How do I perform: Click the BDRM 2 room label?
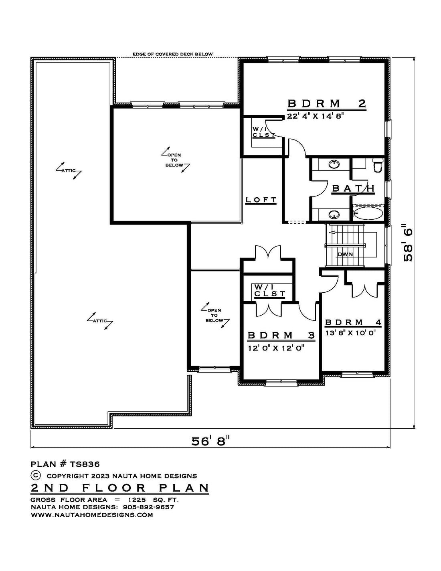327,103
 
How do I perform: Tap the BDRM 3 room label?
281,335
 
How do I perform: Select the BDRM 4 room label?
353,322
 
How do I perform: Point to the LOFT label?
261,200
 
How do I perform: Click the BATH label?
353,188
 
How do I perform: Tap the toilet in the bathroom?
378,165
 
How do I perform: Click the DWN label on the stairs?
345,254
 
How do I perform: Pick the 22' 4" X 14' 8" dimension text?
315,116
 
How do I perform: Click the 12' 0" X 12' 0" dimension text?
276,348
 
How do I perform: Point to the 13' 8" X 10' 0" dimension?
351,333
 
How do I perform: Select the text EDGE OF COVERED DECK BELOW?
172,54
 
